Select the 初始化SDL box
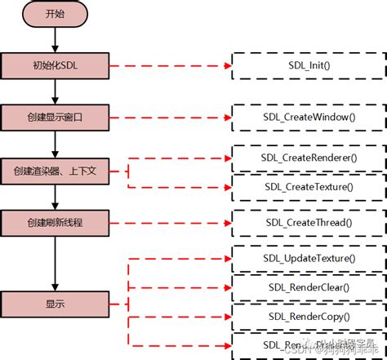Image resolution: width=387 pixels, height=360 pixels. (53, 66)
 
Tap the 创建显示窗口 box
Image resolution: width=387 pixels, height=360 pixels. (53, 118)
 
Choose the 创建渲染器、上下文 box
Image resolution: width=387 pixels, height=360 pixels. (53, 171)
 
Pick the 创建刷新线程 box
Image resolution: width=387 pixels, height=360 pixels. (53, 221)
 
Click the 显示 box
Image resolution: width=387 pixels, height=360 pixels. (53, 304)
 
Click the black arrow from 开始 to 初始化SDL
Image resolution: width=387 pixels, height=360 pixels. (53, 38)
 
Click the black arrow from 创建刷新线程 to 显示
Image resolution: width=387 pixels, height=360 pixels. (53, 262)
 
